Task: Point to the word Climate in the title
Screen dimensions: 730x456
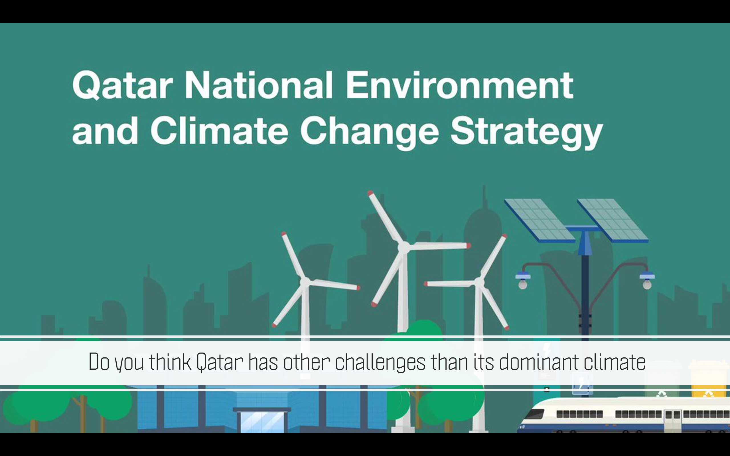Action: pos(219,130)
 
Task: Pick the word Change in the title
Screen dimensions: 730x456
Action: pos(369,133)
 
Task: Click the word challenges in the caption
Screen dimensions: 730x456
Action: pos(380,362)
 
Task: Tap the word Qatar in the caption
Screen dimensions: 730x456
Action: pos(220,362)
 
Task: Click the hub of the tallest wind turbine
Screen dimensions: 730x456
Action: pos(403,247)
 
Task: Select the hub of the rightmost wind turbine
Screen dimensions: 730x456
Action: pos(479,283)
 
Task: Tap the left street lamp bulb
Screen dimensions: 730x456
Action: pos(523,284)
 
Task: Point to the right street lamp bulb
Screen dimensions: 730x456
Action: pos(647,284)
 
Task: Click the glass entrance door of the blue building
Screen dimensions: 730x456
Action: pos(262,422)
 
